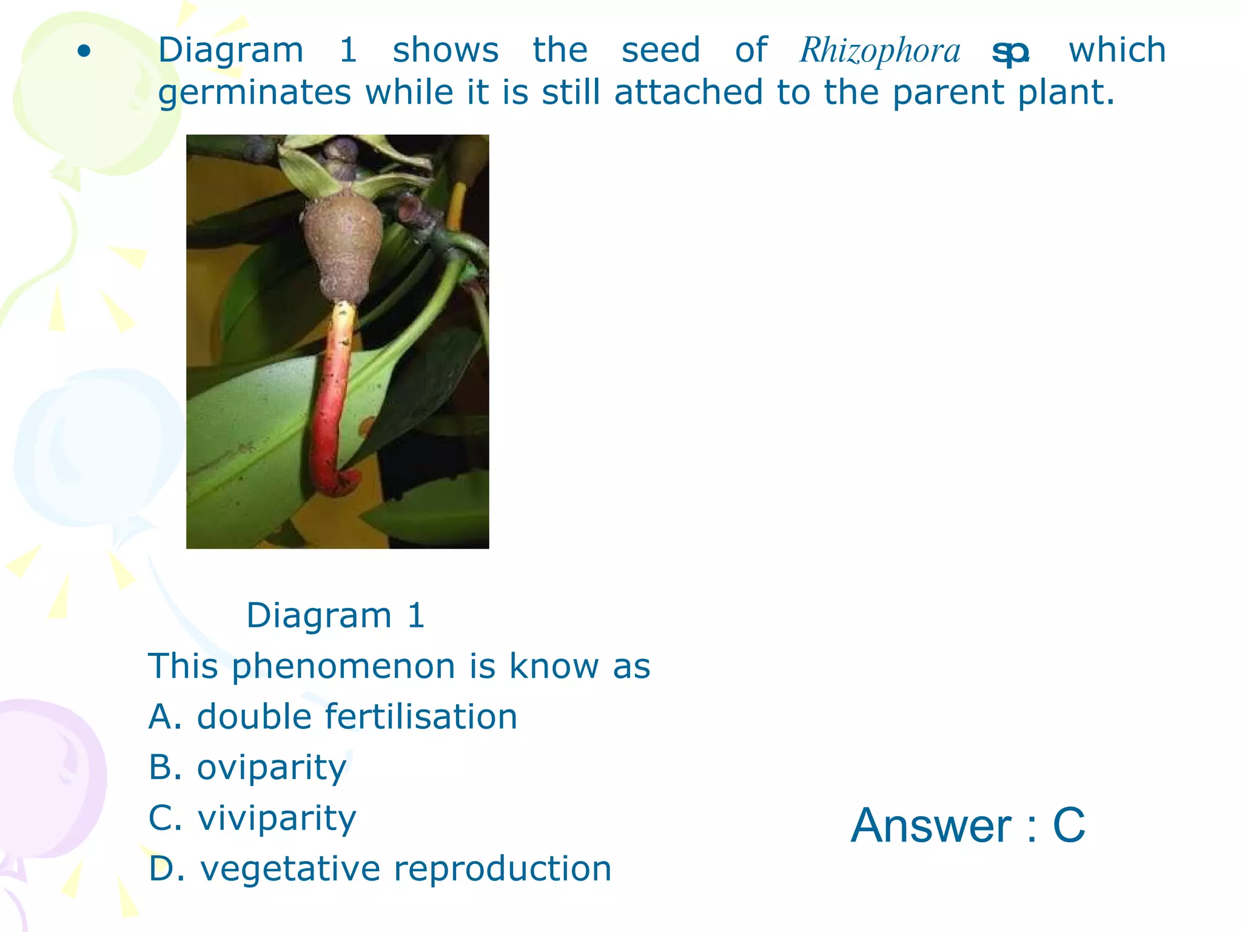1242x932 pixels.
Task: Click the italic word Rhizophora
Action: pos(880,50)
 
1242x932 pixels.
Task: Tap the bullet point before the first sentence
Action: pos(84,52)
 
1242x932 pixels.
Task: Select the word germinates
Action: pos(255,93)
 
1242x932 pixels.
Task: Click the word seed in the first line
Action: pos(660,50)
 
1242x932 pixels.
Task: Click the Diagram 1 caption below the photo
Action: pos(335,616)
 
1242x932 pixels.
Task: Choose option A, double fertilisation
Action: pos(333,717)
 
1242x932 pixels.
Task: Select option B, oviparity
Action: pos(247,768)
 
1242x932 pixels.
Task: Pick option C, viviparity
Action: pos(252,818)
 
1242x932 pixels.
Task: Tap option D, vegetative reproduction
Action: pos(380,868)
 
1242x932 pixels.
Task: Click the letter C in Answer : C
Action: pos(1069,825)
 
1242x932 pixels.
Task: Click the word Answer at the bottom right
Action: pos(930,825)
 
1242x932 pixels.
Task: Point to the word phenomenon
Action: pos(343,667)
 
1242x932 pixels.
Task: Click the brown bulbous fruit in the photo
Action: pos(343,243)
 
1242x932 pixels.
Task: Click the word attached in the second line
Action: pos(688,93)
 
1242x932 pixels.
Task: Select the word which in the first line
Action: pos(1117,50)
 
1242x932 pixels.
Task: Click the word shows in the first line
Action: pos(446,50)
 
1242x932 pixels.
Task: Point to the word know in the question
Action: pos(554,666)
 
